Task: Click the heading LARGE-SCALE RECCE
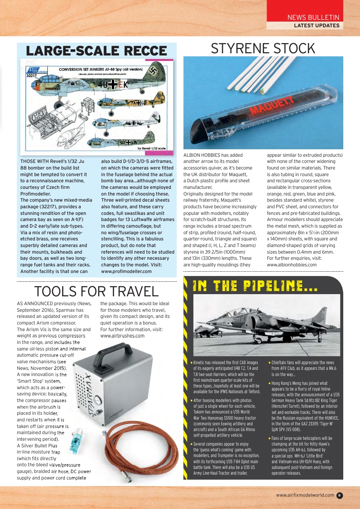pos(96,51)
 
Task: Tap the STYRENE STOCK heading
pos(263,48)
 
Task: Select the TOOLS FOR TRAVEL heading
pos(96,291)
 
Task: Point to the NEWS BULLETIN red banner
pos(313,18)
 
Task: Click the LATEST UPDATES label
pos(316,26)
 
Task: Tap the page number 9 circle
pos(339,495)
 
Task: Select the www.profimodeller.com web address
pos(126,272)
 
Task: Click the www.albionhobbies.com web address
pos(292,265)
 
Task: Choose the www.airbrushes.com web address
pos(122,336)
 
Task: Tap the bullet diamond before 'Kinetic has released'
pos(191,363)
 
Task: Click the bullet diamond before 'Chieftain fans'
pos(269,363)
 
